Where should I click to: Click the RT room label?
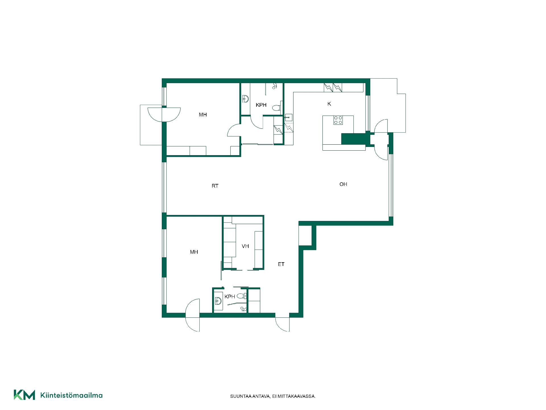tap(215, 186)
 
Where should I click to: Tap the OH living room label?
tap(343, 184)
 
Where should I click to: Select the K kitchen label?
tap(329, 104)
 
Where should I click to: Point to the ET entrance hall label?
tap(281, 264)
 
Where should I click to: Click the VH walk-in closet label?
tap(245, 246)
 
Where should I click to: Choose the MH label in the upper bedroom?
tap(203, 115)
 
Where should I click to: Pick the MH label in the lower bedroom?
tap(194, 252)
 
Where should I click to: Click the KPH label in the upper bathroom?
tap(261, 105)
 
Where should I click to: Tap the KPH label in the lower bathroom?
tap(230, 297)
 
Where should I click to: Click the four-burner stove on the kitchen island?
tap(338, 120)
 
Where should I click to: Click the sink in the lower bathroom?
tap(218, 301)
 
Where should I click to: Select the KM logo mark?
tap(24, 395)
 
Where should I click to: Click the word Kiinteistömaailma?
tap(71, 395)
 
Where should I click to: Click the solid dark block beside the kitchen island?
tap(353, 139)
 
